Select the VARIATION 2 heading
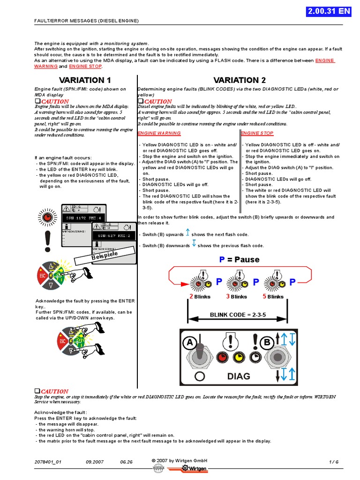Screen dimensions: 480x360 click(x=240, y=80)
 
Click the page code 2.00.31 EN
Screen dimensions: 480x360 click(x=335, y=12)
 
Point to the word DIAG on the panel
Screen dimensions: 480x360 click(x=239, y=376)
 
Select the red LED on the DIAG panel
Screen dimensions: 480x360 click(x=223, y=358)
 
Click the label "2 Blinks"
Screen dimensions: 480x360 click(x=200, y=297)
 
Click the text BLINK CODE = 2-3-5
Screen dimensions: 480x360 click(x=238, y=315)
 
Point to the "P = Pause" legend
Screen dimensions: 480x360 click(x=239, y=260)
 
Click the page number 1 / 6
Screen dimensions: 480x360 click(x=334, y=462)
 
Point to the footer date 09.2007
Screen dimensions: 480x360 click(x=95, y=462)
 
